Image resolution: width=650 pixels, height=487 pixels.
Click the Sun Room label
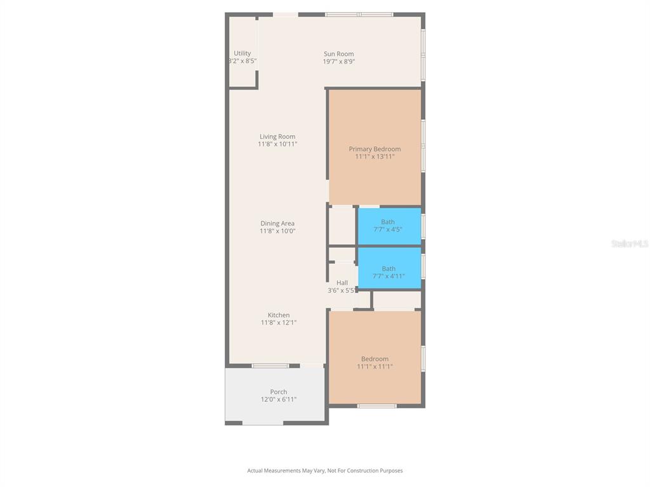[338, 54]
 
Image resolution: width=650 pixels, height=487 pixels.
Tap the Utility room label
[242, 53]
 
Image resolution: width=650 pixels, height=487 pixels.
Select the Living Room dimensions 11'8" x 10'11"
[277, 145]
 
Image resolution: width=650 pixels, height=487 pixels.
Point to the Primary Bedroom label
[375, 149]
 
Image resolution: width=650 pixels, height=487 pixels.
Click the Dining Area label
[277, 223]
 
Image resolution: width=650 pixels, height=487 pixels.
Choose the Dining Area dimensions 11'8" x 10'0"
[277, 231]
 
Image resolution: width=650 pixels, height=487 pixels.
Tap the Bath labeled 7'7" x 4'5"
[388, 226]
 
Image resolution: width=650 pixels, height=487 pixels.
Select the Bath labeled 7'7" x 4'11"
[388, 272]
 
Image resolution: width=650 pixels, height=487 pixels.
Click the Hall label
[342, 283]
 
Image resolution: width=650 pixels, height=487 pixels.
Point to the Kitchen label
[279, 315]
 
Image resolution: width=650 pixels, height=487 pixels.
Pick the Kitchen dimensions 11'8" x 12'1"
[279, 323]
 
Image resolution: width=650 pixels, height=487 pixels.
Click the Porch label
[279, 392]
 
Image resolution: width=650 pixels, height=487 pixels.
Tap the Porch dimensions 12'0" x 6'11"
[279, 399]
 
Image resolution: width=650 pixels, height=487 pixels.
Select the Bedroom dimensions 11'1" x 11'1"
[375, 367]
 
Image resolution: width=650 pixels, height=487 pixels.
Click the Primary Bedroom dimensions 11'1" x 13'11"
[375, 157]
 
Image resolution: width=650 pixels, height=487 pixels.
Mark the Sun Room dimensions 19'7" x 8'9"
[338, 62]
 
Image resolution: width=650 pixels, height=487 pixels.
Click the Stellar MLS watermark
[629, 243]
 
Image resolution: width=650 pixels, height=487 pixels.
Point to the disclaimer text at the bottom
[325, 471]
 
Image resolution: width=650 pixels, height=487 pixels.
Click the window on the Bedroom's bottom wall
[376, 406]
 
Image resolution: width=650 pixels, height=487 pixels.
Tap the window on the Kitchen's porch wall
[270, 366]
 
